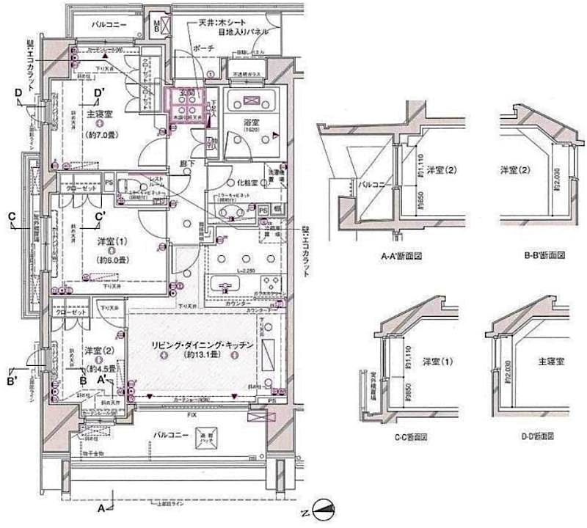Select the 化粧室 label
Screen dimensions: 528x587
point(245,181)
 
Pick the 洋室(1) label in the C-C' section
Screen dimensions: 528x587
point(437,362)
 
